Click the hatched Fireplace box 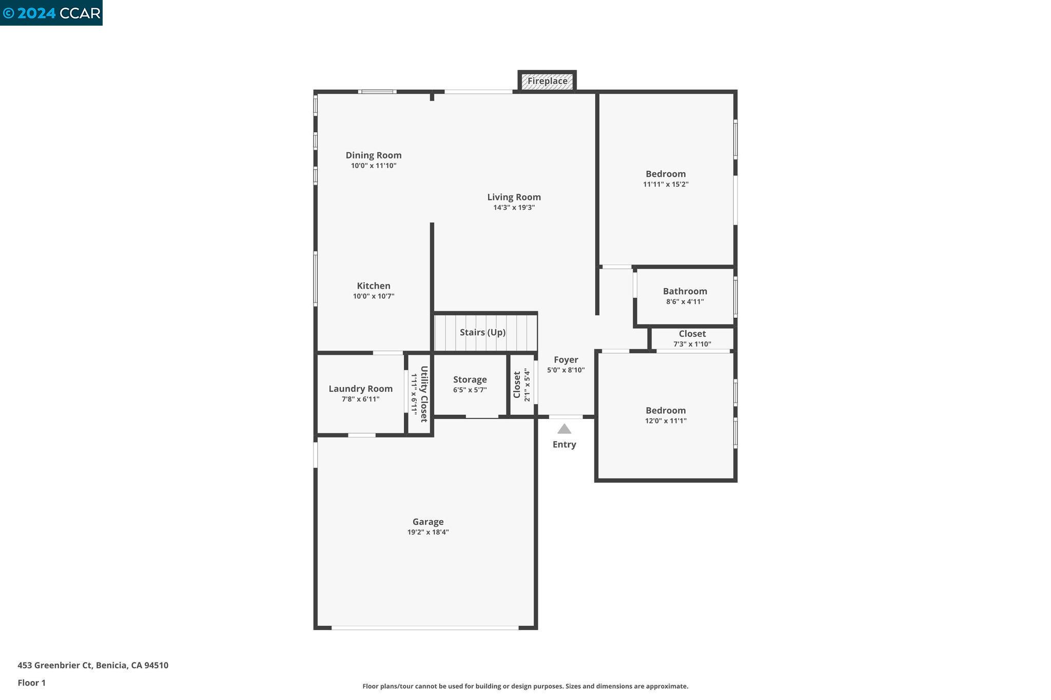pos(547,81)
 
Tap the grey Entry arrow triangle pos(564,429)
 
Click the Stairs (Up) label pos(482,332)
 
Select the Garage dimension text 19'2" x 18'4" pos(428,532)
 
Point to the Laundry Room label pos(360,389)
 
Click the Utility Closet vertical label pos(424,394)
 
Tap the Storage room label pos(470,379)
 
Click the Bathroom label pos(685,291)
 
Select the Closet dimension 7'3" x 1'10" pos(692,344)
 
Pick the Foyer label pos(566,359)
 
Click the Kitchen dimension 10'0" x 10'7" pos(373,296)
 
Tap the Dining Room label pos(373,155)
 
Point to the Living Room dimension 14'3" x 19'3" pos(514,208)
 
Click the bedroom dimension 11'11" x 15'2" pos(666,185)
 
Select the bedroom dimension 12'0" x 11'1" pos(666,421)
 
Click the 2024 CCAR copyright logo pos(51,13)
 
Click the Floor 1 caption pos(31,683)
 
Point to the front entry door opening pos(566,416)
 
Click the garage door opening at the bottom pos(425,627)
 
